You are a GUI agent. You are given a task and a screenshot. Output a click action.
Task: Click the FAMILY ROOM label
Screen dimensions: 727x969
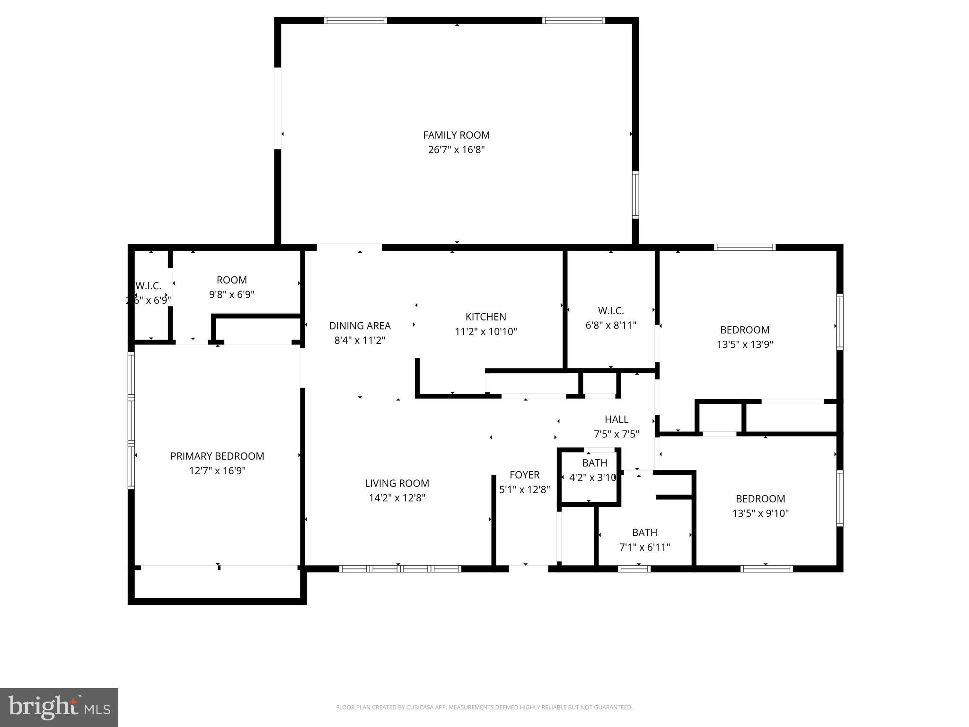(456, 135)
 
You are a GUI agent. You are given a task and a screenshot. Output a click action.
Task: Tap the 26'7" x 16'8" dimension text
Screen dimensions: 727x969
(456, 150)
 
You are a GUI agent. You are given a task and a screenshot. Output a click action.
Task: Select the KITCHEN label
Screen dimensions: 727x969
(485, 317)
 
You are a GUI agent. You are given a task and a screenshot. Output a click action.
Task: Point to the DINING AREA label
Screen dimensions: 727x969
(360, 326)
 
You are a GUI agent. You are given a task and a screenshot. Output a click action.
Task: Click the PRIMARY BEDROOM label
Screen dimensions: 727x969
(217, 456)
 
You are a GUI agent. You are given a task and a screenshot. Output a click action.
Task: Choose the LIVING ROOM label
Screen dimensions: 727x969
(397, 483)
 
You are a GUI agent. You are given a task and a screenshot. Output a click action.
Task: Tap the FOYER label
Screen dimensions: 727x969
(524, 475)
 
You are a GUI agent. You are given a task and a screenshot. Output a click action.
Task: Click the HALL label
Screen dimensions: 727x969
(616, 419)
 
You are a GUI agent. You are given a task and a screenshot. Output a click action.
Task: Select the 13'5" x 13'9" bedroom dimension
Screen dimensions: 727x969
(745, 345)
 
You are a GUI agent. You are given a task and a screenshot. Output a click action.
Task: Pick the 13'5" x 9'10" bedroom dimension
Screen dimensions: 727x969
(760, 513)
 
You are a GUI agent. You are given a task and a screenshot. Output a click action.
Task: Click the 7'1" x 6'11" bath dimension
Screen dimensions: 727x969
(644, 548)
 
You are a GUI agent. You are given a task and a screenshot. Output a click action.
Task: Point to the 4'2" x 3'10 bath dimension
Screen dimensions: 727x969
(592, 478)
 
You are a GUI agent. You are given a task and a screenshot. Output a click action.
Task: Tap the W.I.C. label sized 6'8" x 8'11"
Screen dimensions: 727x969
(611, 311)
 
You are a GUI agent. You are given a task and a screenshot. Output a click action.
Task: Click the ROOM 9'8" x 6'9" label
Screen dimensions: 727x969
(231, 280)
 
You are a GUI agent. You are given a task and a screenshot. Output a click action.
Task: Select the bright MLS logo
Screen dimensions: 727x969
(59, 707)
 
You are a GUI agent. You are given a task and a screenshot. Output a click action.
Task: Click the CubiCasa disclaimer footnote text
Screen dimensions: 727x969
(484, 708)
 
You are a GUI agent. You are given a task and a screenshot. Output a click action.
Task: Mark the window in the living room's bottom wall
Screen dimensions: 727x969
(400, 569)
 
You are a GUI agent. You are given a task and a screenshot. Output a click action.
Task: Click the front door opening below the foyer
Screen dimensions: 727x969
(528, 568)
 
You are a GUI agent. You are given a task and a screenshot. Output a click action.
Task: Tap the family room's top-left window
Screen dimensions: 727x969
(355, 20)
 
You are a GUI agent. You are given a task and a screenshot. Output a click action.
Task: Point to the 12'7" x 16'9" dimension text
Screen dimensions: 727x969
(217, 471)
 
